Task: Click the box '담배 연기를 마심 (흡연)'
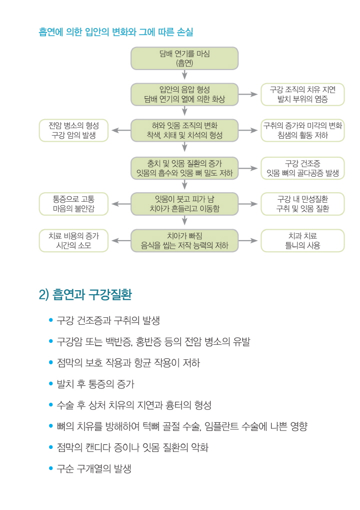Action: pos(184,58)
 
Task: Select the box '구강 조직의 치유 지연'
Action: pos(302,94)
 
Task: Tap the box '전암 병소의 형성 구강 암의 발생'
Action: pos(73,131)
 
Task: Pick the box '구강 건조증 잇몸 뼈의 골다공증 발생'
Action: pos(302,168)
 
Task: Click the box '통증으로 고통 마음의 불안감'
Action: pos(73,204)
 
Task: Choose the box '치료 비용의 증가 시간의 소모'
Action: pos(73,241)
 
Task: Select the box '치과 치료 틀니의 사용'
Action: pos(302,241)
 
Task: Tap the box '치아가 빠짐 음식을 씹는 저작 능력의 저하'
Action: pos(184,241)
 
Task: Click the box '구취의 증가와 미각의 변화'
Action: pos(302,131)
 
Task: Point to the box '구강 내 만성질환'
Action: pos(302,204)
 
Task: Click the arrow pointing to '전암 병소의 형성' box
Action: pos(121,131)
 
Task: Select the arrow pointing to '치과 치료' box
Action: pos(248,241)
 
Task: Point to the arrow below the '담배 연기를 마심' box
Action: pos(184,75)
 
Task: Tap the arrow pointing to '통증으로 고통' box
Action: pos(121,204)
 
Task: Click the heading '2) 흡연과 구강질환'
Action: pos(85,294)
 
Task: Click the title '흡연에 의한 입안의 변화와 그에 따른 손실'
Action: pos(116,32)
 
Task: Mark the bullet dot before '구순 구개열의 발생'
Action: pos(50,468)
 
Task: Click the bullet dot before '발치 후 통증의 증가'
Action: pos(50,383)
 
